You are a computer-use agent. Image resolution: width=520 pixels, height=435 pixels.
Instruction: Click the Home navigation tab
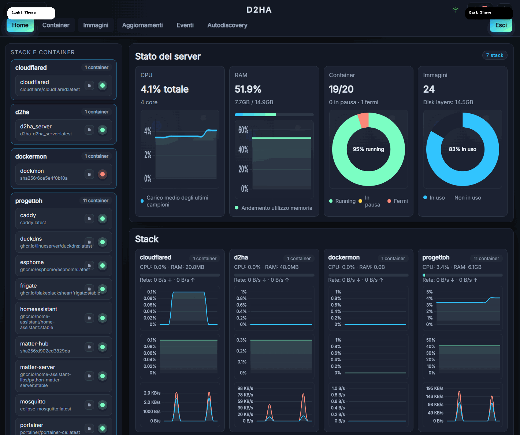[20, 25]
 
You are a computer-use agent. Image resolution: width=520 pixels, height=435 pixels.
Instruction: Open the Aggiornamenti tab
[142, 25]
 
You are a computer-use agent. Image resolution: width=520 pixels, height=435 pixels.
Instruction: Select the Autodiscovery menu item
[227, 25]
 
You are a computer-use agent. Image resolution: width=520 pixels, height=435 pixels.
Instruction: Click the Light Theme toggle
[31, 13]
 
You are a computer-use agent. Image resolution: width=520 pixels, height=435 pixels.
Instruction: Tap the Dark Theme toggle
[489, 13]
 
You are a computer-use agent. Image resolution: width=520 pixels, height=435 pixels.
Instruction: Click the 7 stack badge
[494, 55]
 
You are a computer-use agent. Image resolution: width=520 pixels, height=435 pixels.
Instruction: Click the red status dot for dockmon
[103, 174]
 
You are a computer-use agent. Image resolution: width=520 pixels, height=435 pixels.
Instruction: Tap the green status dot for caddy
[103, 219]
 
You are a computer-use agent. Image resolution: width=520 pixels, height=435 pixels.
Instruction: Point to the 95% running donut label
[368, 149]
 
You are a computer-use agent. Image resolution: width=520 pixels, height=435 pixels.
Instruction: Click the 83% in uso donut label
[463, 149]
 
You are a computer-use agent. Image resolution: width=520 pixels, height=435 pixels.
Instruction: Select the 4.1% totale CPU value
[164, 89]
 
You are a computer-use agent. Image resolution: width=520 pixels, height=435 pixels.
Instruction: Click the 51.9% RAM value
[248, 89]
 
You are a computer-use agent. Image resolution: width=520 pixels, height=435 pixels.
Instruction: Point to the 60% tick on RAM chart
[243, 130]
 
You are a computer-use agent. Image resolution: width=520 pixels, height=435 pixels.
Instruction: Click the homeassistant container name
[38, 309]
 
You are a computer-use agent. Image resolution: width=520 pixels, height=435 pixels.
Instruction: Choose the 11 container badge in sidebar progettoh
[96, 201]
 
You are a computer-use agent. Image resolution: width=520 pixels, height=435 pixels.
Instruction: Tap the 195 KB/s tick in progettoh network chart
[435, 388]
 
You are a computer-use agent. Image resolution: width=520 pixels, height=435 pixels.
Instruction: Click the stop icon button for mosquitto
[89, 405]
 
